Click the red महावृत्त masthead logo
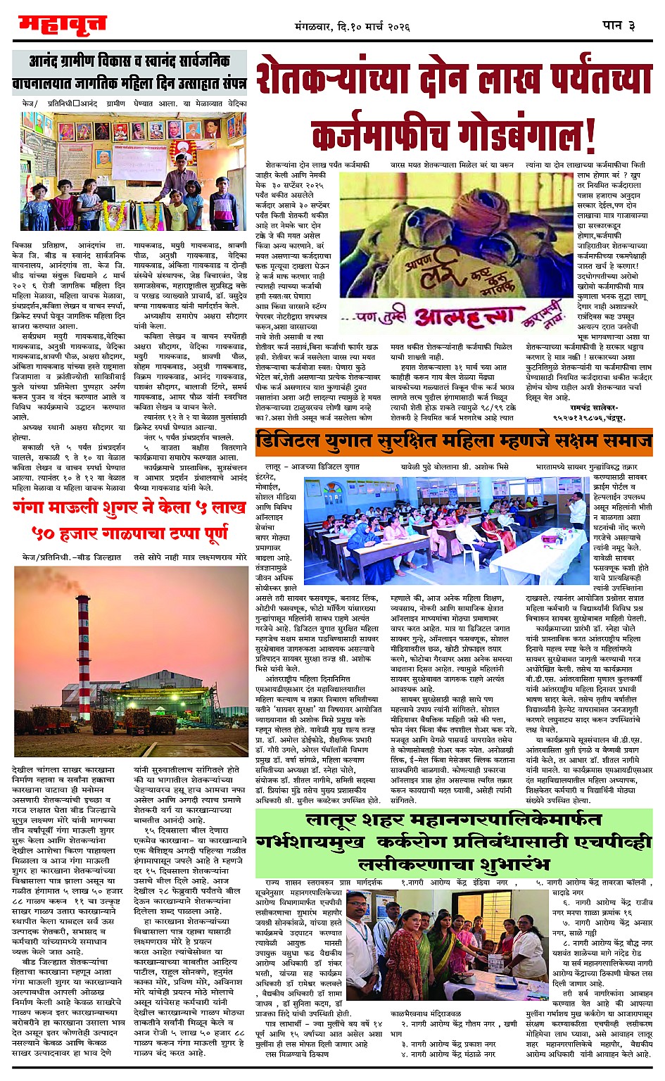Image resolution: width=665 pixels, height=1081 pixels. pyautogui.click(x=62, y=25)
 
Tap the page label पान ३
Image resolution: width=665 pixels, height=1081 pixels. pyautogui.click(x=619, y=25)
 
